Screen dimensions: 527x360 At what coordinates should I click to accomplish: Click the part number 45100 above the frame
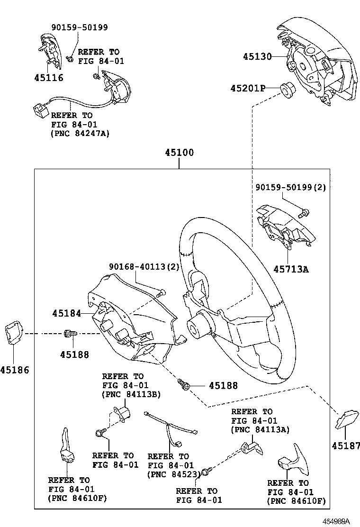pos(179,154)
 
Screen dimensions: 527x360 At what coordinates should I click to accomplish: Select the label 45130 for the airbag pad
pos(257,56)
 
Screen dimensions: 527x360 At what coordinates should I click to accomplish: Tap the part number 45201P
pos(248,89)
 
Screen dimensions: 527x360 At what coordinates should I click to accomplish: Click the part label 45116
pos(48,77)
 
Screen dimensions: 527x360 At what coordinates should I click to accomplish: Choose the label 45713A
pos(291,269)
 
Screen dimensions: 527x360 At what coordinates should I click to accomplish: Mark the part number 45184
pos(66,313)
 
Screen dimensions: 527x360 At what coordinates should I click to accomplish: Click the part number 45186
pos(14,370)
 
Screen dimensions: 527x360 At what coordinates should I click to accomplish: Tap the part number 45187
pos(345,445)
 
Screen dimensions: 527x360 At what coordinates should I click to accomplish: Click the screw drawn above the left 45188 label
pos(70,335)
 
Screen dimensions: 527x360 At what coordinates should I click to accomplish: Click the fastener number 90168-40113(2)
pos(144,267)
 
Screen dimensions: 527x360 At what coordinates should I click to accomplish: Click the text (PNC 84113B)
pos(130,394)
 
